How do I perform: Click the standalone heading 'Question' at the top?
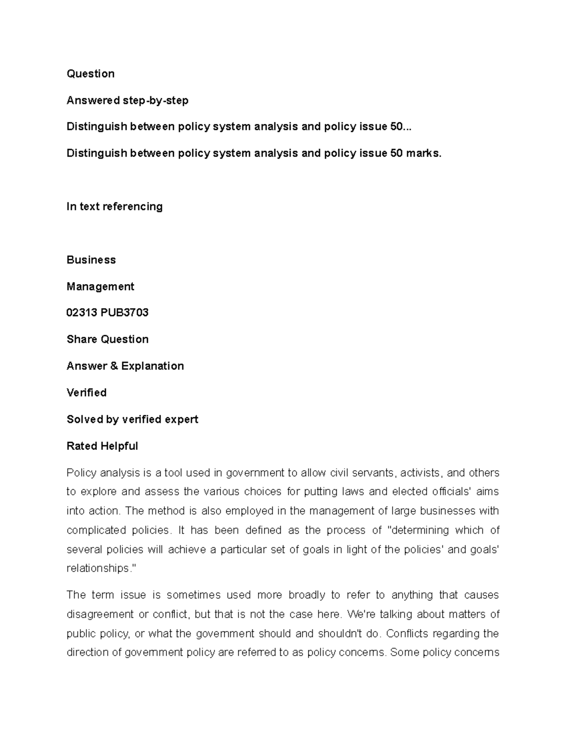tap(90, 74)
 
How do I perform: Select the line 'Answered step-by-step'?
tap(128, 100)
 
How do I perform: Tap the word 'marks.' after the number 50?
tap(424, 153)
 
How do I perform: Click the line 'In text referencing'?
tap(114, 207)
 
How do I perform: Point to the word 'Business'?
tap(91, 260)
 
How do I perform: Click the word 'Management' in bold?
tap(100, 286)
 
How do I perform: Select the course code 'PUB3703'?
tap(124, 312)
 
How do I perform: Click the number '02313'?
tap(82, 312)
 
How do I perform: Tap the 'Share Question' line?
tap(108, 339)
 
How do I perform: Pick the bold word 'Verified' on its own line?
tap(86, 393)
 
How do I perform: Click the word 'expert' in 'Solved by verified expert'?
tap(181, 419)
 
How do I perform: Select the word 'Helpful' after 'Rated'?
tap(122, 446)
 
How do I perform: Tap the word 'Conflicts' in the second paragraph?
tap(412, 633)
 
